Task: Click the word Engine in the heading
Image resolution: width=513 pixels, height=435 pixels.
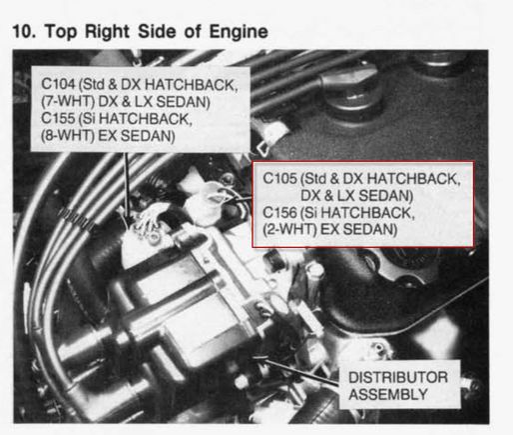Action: pyautogui.click(x=239, y=33)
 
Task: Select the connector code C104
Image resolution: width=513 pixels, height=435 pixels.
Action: pyautogui.click(x=58, y=84)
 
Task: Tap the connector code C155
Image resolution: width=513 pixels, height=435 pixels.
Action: pyautogui.click(x=58, y=118)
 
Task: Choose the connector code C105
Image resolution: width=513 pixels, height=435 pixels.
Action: pyautogui.click(x=279, y=178)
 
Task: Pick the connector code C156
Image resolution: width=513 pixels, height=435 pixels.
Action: pyautogui.click(x=279, y=212)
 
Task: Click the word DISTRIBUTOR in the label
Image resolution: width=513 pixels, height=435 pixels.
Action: pyautogui.click(x=398, y=377)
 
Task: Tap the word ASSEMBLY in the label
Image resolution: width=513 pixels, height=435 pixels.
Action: pyautogui.click(x=388, y=394)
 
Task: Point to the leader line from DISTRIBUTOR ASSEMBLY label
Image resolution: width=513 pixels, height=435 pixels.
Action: pyautogui.click(x=296, y=371)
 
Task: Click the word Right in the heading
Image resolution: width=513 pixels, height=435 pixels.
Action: pyautogui.click(x=107, y=32)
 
